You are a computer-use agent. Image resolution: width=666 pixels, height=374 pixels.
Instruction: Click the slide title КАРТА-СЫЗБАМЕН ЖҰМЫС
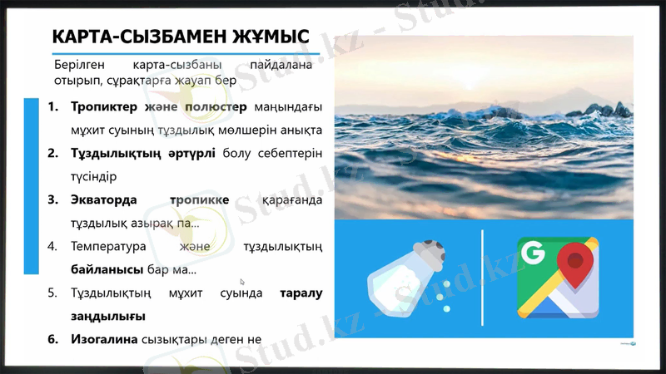[x=180, y=37]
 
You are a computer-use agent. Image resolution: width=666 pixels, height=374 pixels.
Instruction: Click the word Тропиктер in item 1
[x=106, y=107]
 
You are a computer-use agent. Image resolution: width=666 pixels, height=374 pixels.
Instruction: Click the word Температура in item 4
[x=109, y=247]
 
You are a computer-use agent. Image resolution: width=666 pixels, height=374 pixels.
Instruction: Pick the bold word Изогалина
[x=104, y=339]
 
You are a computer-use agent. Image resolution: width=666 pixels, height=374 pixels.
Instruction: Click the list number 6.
[x=52, y=339]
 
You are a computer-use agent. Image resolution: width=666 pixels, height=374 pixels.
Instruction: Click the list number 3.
[x=52, y=200]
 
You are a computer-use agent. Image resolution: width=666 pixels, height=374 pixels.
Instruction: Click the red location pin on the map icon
[x=574, y=265]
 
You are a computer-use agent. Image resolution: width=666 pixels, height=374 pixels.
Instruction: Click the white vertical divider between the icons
[x=483, y=278]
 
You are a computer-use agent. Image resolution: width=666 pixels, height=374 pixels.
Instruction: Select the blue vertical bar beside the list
[x=31, y=185]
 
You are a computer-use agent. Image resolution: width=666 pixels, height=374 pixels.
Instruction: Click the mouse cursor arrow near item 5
[x=242, y=282]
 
